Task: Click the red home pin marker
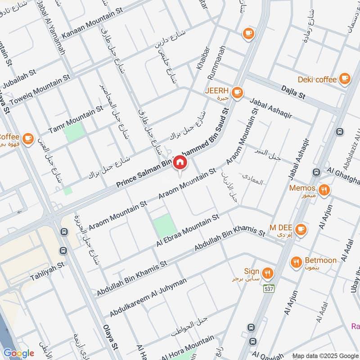[180, 162]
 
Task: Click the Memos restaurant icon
[324, 190]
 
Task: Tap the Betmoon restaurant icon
[296, 262]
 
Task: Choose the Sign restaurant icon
[268, 273]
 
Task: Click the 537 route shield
[269, 289]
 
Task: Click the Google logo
[18, 353]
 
